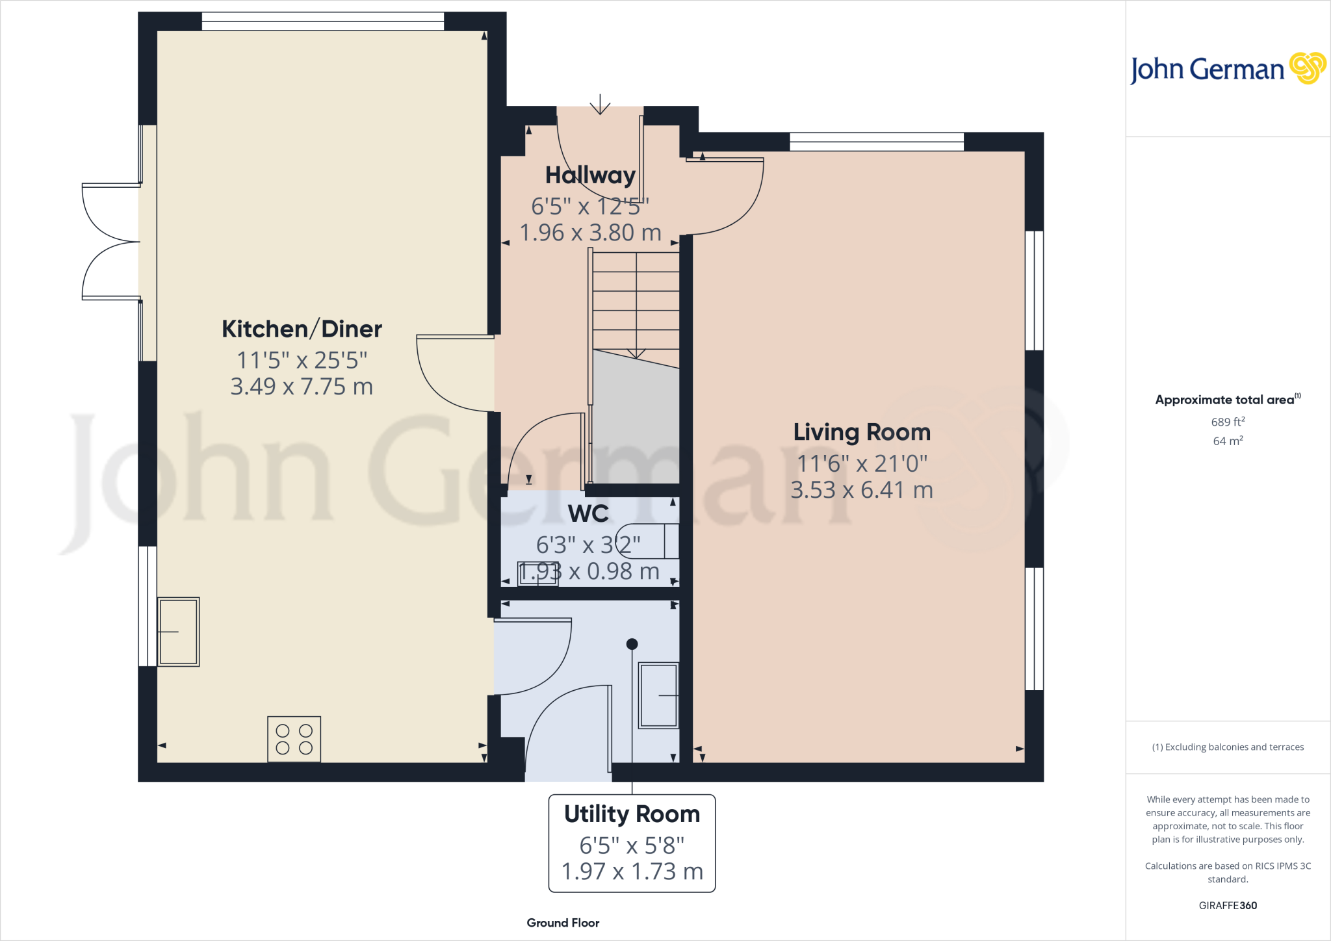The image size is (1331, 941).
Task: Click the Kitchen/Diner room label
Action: point(302,329)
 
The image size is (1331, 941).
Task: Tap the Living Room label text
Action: point(862,432)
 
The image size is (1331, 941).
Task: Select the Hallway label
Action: point(590,175)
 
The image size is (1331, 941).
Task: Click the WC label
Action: point(588,513)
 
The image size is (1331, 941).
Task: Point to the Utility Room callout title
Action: point(632,814)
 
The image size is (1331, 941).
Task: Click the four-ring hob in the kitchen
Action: point(294,739)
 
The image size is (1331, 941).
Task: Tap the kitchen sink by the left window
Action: point(178,632)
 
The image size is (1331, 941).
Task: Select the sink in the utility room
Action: point(658,695)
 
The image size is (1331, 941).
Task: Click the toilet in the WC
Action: point(650,541)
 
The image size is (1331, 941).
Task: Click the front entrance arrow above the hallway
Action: point(600,104)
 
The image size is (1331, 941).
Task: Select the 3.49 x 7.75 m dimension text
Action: point(302,387)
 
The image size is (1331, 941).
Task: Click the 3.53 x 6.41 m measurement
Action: point(862,490)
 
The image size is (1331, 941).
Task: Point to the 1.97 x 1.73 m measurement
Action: point(632,871)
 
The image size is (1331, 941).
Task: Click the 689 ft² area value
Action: point(1228,422)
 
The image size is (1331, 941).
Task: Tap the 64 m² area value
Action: point(1228,441)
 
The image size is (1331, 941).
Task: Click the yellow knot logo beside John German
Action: point(1307,68)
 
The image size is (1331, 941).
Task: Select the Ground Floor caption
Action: point(563,923)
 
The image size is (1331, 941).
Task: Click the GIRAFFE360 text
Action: point(1228,905)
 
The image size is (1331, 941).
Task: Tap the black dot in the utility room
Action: point(632,644)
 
